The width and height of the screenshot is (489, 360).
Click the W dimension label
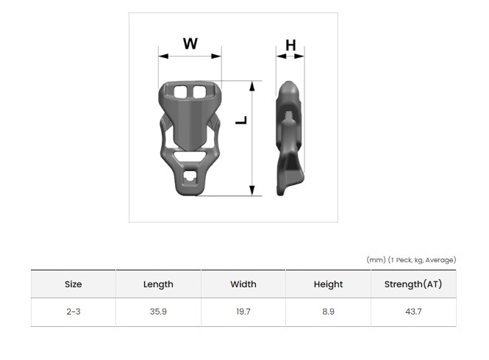point(190,43)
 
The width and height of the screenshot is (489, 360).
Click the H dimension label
point(290,46)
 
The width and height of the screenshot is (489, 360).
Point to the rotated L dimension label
point(241,120)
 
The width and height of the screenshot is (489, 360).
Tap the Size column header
point(74,284)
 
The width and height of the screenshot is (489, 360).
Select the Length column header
point(158,284)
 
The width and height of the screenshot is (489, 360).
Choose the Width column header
point(243,284)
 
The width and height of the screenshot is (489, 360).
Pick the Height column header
point(328,284)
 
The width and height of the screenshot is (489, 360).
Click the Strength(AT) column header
point(413,284)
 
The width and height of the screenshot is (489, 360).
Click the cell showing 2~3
point(74,312)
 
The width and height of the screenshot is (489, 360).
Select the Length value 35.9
point(158,312)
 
